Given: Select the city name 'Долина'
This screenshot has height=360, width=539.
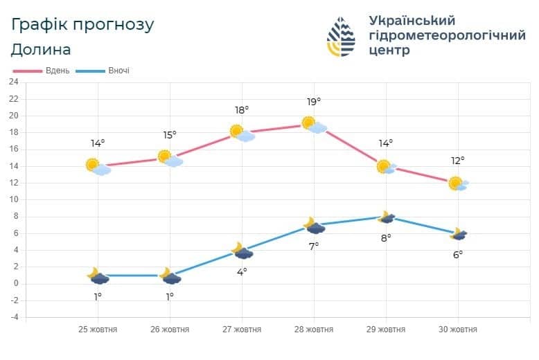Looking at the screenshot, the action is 41,50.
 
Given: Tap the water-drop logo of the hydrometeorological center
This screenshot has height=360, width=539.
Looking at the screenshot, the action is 341,37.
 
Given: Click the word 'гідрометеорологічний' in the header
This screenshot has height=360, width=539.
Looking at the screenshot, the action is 448,35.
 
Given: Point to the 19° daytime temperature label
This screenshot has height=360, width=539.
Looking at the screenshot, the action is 314,102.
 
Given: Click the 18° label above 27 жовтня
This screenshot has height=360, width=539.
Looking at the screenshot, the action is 242,110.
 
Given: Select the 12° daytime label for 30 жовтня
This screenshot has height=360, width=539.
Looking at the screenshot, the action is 457,161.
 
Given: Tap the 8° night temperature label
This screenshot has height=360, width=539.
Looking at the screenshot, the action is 386,237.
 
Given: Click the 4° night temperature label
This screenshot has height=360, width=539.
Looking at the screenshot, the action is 242,272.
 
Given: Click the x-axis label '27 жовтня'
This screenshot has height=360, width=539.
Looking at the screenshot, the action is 242,330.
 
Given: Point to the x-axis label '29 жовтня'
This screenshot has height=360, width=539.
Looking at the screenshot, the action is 386,330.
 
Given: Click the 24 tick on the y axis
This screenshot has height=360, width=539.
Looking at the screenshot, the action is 13,82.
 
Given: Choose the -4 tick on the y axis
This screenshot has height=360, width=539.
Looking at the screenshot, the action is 14,317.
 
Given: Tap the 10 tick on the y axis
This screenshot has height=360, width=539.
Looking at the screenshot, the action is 13,199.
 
